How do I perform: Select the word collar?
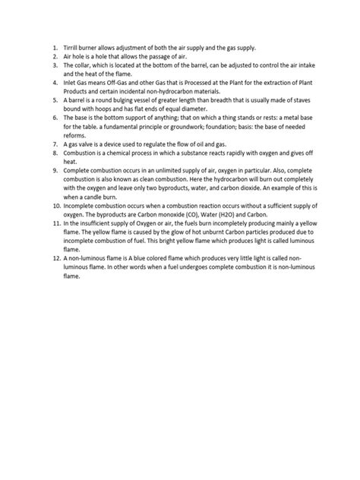pyautogui.click(x=81, y=66)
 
